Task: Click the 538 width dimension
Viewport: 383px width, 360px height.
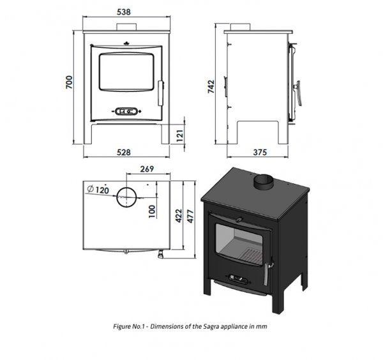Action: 124,11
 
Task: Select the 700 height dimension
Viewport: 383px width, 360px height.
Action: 69,82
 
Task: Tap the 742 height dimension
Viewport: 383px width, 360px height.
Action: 211,86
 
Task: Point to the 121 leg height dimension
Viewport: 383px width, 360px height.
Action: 179,136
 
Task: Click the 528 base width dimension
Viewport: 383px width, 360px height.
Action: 124,152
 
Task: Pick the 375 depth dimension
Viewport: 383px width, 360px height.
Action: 260,152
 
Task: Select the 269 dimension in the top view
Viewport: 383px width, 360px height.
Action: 147,169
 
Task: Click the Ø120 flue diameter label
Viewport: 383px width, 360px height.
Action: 98,190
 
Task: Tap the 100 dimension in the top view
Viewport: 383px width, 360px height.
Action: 152,211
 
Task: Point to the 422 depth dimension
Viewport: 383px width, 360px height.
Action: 179,216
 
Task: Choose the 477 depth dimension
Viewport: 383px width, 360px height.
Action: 190,216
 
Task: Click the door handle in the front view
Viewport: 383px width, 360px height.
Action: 161,93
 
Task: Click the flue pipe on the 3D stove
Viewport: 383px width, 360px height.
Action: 264,181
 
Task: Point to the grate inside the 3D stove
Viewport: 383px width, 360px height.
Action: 248,255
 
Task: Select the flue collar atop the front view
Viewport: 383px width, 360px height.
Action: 126,27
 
